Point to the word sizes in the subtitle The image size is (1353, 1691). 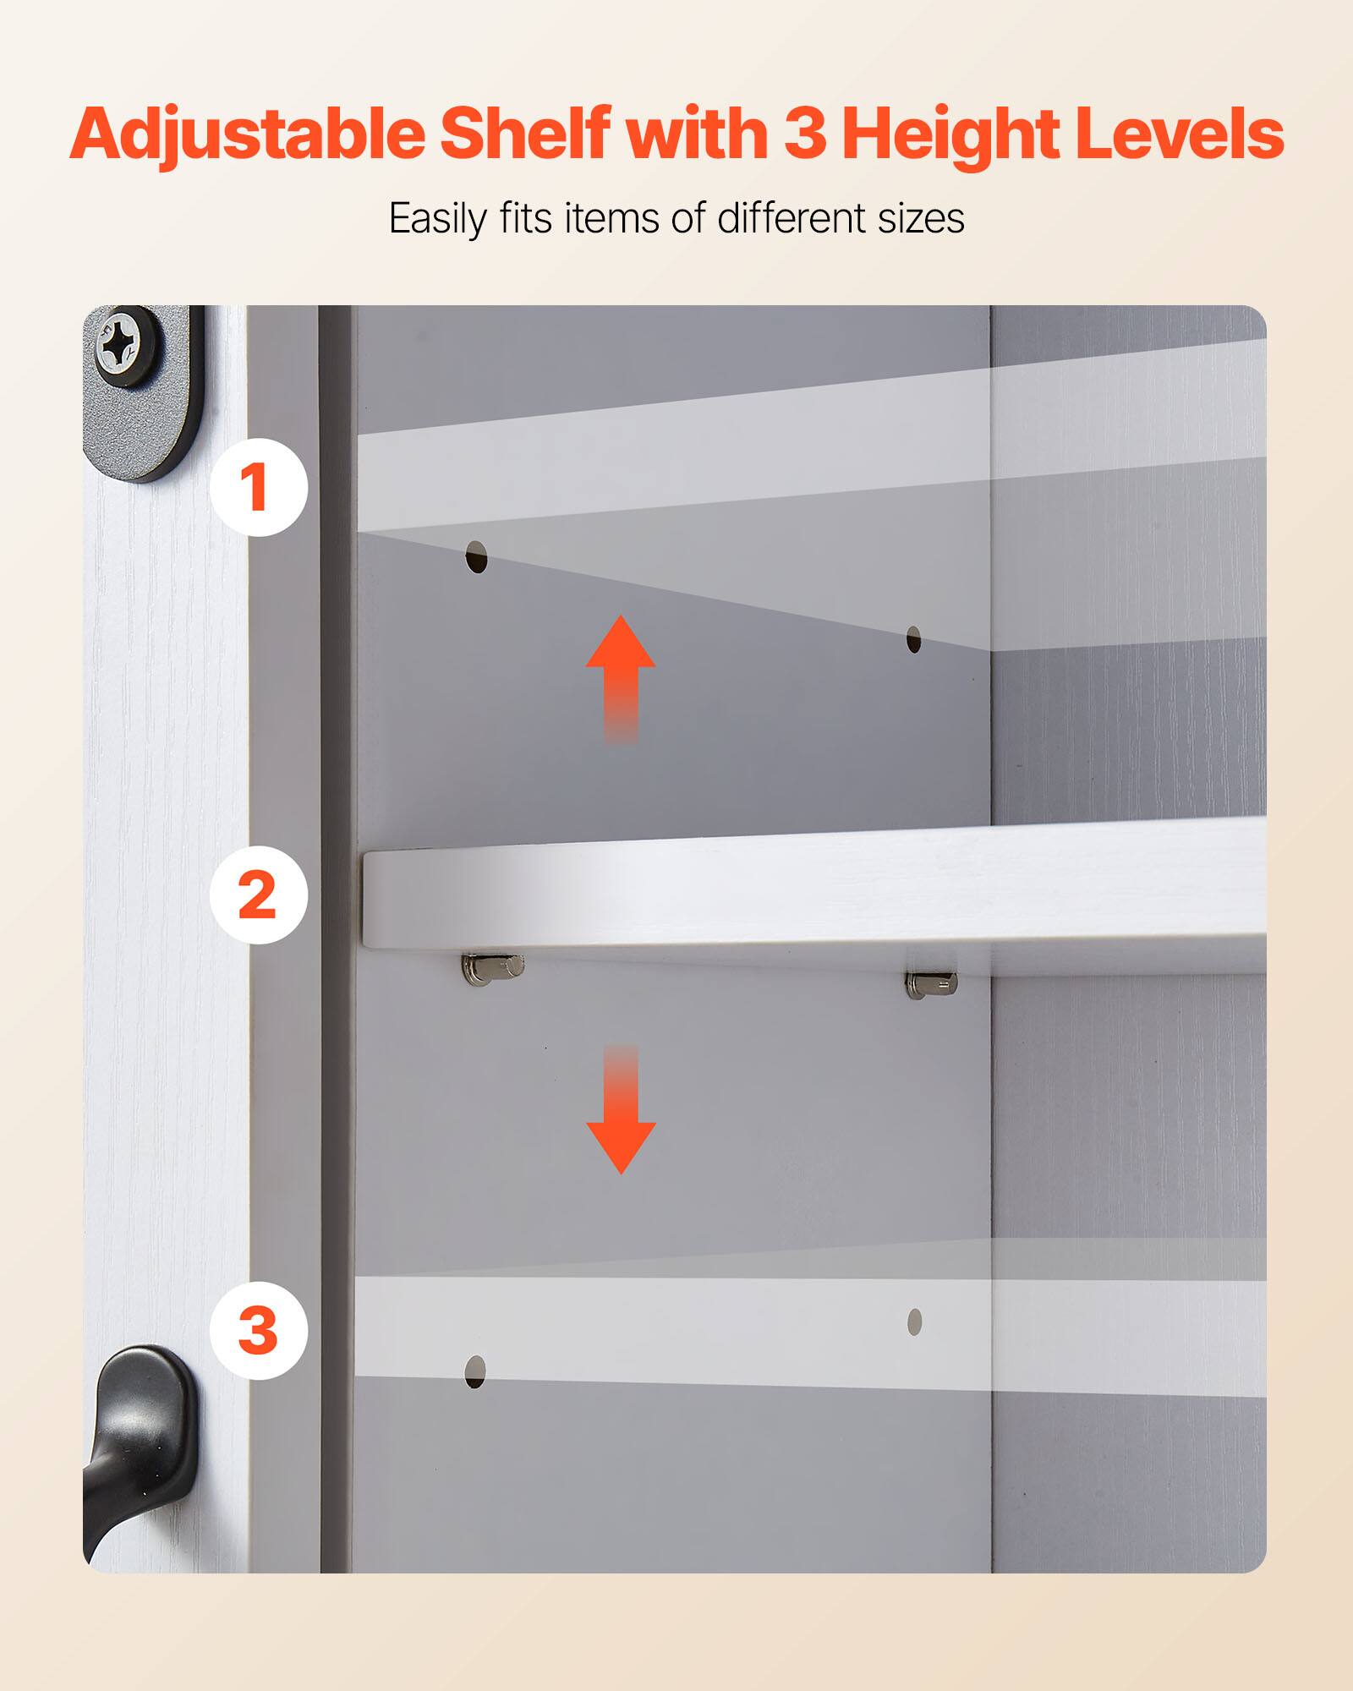pyautogui.click(x=921, y=218)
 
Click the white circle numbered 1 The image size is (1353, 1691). pyautogui.click(x=258, y=487)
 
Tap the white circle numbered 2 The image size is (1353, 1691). pyautogui.click(x=258, y=895)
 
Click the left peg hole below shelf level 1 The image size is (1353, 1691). pyautogui.click(x=477, y=557)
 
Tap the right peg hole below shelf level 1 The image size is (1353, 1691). pyautogui.click(x=913, y=639)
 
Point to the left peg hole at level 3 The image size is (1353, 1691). pyautogui.click(x=475, y=1371)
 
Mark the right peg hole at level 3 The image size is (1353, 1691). pyautogui.click(x=914, y=1322)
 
